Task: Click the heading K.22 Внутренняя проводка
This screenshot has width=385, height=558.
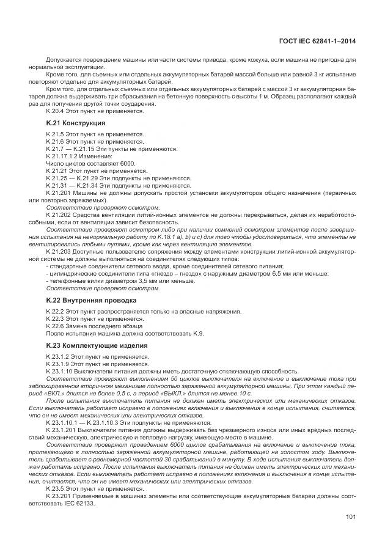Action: pos(82,301)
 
